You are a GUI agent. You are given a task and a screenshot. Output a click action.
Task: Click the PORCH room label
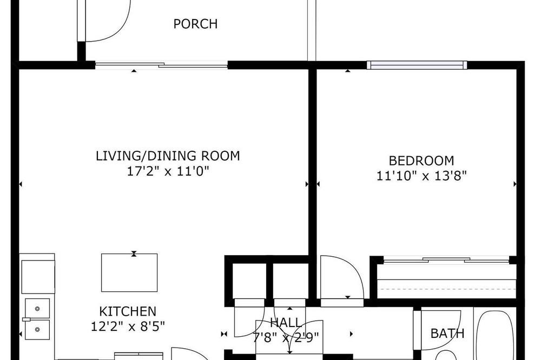(195, 24)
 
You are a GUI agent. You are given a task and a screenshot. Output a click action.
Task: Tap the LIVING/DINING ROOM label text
(168, 156)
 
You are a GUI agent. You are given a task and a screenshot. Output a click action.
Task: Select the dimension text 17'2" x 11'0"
(168, 171)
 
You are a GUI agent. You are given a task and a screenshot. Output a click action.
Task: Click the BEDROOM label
(421, 161)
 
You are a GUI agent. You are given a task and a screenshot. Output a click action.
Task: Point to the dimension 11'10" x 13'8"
(421, 176)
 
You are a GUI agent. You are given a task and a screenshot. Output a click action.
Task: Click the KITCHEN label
(128, 311)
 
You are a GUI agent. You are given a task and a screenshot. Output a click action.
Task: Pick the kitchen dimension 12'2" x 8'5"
(128, 326)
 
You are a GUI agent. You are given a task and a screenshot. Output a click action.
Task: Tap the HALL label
(286, 323)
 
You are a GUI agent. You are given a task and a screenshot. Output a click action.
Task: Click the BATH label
(447, 334)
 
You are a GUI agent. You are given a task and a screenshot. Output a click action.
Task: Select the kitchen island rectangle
(129, 273)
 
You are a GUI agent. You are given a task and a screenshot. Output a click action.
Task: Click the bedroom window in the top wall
(417, 65)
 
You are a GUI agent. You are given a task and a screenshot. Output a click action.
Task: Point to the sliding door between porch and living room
(161, 65)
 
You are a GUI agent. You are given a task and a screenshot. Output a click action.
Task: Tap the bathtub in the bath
(494, 335)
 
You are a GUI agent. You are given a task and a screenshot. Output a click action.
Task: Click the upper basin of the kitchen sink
(37, 308)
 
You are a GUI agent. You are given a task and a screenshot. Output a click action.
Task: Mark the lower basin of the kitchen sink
(37, 330)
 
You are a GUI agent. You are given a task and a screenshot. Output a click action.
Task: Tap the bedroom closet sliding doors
(446, 259)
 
